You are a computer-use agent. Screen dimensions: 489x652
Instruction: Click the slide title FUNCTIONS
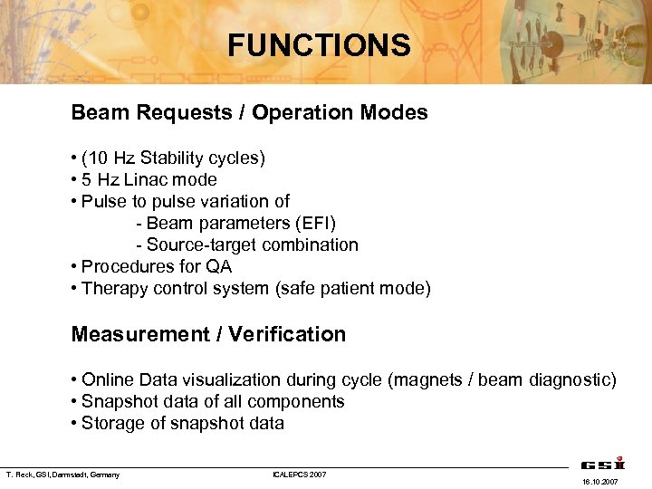point(319,44)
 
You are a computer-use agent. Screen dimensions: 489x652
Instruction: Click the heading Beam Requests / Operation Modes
point(249,113)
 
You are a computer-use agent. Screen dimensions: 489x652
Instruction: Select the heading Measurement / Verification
point(208,334)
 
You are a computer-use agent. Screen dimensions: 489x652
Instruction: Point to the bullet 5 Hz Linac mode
point(149,180)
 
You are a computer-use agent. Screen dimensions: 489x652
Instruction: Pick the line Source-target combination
point(252,245)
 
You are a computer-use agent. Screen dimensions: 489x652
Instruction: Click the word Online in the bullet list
point(106,379)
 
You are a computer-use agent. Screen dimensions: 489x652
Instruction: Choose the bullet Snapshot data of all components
point(213,401)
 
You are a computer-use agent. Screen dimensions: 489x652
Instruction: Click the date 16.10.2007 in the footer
point(601,482)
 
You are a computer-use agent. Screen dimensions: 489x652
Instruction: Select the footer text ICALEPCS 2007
point(299,475)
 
